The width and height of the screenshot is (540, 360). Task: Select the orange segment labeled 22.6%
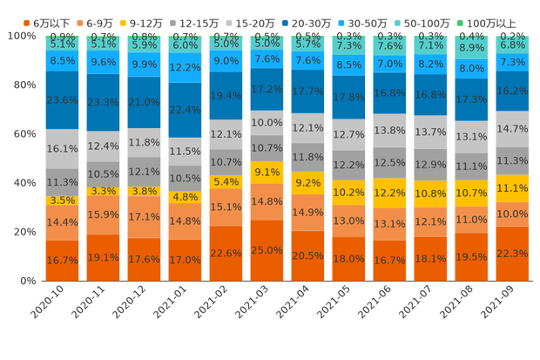coord(226,253)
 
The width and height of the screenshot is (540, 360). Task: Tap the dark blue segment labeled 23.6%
coord(62,100)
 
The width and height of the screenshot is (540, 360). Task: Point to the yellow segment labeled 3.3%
coord(103,191)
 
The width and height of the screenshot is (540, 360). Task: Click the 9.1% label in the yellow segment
coord(267,173)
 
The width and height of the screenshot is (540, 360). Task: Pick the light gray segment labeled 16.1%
coord(62,149)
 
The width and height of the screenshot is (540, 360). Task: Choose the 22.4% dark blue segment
coord(186,110)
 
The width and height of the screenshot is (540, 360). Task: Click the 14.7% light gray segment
coord(513,128)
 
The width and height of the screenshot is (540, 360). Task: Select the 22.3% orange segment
coord(513,253)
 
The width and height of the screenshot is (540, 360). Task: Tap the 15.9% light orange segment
coord(103,214)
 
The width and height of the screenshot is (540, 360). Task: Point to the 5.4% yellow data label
coord(226,182)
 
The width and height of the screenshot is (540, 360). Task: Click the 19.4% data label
coord(226,96)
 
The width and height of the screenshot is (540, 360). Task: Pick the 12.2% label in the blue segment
coord(186,67)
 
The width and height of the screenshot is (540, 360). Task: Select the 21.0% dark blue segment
coord(144,103)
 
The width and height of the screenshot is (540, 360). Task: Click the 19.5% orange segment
coord(472,256)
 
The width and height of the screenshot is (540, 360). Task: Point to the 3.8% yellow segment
coord(144,191)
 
